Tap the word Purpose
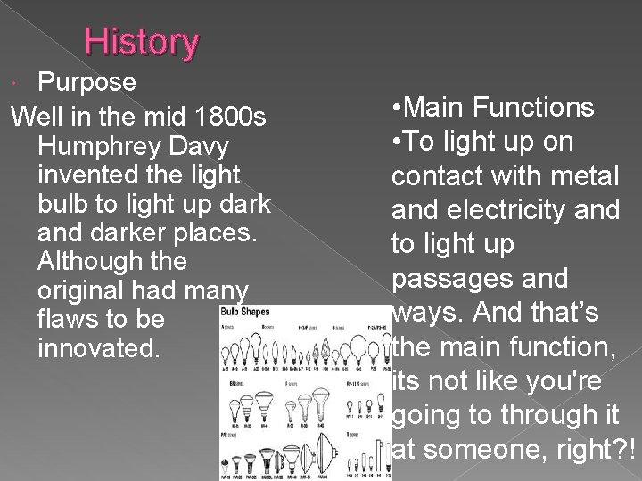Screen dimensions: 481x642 [86, 83]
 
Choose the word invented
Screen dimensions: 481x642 [82, 174]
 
